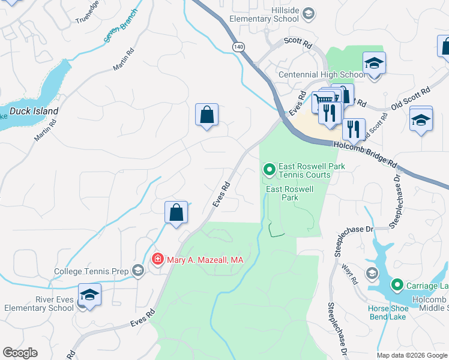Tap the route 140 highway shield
click(x=239, y=46)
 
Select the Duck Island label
click(x=34, y=111)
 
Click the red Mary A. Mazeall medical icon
click(x=157, y=259)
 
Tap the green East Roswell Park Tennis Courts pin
click(x=270, y=170)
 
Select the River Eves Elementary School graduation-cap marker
click(x=89, y=295)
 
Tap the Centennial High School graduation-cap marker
click(x=374, y=63)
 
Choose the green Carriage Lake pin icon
click(x=397, y=284)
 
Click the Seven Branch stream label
click(x=120, y=27)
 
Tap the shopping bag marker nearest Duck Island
click(x=206, y=115)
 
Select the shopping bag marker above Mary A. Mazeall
click(x=176, y=212)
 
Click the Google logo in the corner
click(x=20, y=353)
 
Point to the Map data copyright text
click(x=411, y=355)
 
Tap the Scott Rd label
click(x=298, y=45)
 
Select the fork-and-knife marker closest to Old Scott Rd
click(x=354, y=128)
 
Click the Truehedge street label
click(x=87, y=14)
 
